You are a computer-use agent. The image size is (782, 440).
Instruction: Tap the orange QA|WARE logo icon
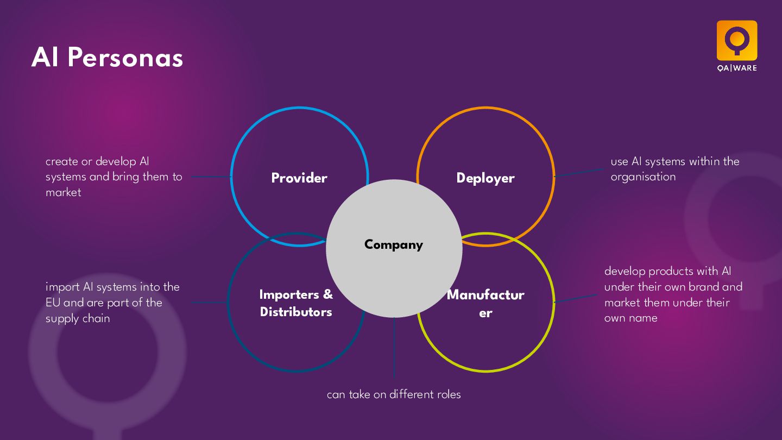coord(736,40)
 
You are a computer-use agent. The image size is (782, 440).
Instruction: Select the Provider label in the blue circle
coord(299,178)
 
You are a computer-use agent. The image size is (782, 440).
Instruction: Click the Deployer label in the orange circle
coord(485,178)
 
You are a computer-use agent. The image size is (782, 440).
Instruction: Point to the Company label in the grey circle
coord(394,245)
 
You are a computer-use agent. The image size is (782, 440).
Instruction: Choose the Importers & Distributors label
coord(296,303)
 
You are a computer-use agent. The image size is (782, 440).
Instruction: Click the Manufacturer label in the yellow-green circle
coord(485,304)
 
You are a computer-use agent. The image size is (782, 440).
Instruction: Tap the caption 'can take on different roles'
coord(394,395)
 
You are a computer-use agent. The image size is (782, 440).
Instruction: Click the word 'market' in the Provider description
coord(64,192)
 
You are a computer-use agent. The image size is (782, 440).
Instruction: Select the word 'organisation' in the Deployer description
coord(643,177)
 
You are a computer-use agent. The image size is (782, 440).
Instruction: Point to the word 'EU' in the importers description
coord(53,303)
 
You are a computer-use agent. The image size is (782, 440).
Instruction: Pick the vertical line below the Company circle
coord(394,348)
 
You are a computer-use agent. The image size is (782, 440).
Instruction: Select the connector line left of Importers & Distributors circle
coord(209,303)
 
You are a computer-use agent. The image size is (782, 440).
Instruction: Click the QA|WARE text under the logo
coord(736,68)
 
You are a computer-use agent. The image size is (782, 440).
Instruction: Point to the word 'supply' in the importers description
coord(62,319)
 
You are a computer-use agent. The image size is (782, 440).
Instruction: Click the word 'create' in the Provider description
coord(61,161)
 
